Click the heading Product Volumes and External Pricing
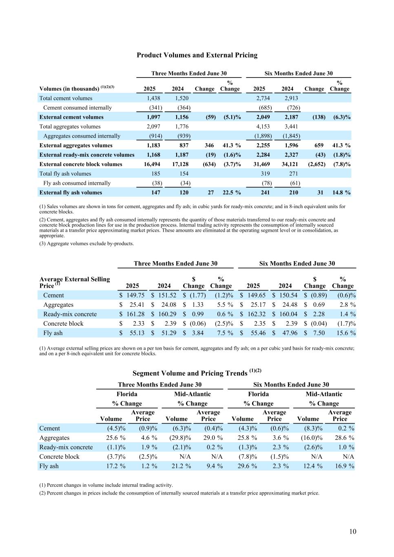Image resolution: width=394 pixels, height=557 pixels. [197, 55]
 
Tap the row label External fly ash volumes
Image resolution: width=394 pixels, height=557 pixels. [71, 193]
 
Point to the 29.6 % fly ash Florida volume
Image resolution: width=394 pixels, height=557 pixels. [247, 466]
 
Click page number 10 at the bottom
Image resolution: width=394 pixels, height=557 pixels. [353, 531]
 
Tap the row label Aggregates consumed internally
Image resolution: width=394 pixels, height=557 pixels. [82, 136]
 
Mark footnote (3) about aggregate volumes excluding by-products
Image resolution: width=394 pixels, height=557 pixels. [86, 244]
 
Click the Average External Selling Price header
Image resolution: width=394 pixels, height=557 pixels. [75, 282]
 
